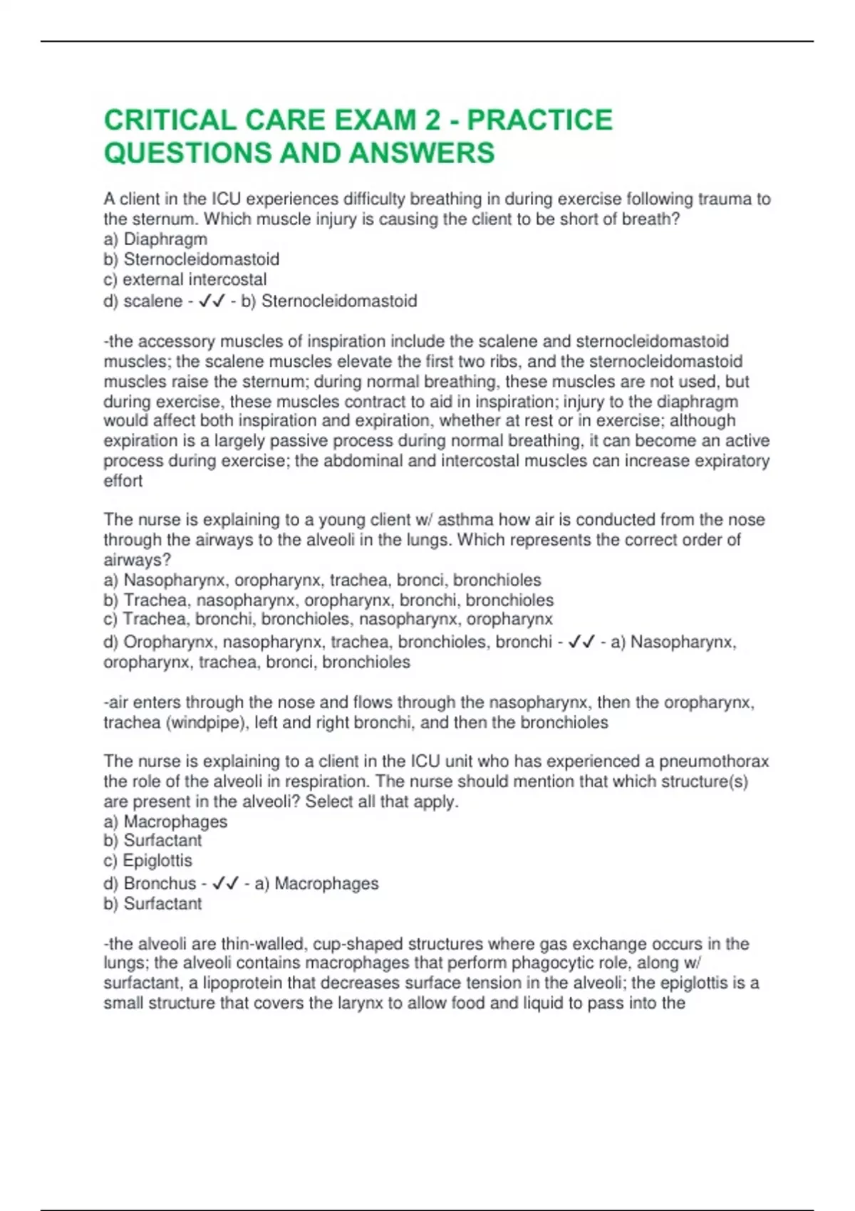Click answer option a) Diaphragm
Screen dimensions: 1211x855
click(x=155, y=239)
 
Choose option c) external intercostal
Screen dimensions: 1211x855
click(x=185, y=279)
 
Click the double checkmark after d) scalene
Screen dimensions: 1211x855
click(x=212, y=301)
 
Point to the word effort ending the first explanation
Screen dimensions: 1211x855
click(x=123, y=481)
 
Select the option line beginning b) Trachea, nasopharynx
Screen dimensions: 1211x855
click(x=328, y=600)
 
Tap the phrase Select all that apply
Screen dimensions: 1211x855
click(x=382, y=801)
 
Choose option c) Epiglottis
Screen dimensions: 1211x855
click(x=148, y=861)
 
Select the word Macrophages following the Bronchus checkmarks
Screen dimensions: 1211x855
click(x=326, y=884)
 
